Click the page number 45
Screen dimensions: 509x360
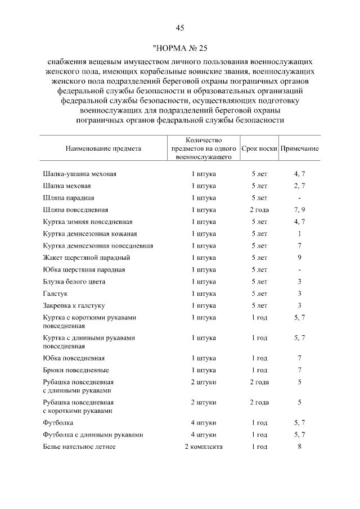[180, 28]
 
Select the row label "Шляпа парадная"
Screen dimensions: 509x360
[69, 198]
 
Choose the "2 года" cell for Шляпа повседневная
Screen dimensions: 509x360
[259, 210]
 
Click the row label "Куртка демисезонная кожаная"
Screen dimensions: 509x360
[90, 233]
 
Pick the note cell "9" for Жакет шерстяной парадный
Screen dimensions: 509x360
[300, 258]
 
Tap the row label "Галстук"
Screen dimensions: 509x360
[55, 294]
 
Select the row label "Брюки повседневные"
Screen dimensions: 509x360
[76, 370]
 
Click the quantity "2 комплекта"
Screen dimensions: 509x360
[204, 447]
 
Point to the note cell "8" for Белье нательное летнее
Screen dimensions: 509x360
[300, 447]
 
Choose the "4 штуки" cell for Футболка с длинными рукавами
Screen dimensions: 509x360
[204, 435]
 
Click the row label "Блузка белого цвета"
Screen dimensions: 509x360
[74, 281]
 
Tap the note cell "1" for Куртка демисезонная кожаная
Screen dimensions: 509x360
[300, 233]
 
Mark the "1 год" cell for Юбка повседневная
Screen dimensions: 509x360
[259, 358]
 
